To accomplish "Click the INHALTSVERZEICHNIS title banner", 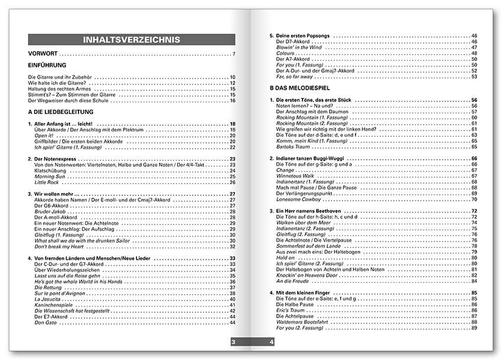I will click(x=132, y=40).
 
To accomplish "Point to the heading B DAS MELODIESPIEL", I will click(x=299, y=88).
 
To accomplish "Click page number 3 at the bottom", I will click(x=233, y=342).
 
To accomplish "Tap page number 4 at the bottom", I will click(x=270, y=342).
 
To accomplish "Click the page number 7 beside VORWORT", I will click(x=234, y=55).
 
